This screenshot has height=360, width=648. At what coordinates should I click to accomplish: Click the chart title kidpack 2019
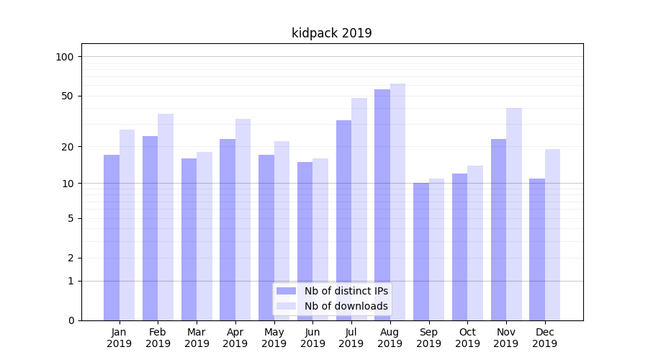(x=332, y=33)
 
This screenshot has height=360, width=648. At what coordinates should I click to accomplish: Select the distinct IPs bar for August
(x=382, y=204)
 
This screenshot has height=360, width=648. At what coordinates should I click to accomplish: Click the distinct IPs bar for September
(x=421, y=251)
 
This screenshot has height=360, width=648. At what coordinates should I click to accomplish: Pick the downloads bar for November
(x=514, y=214)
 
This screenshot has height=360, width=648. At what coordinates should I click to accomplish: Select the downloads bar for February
(x=166, y=217)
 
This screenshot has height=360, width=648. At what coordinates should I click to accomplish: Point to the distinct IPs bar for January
(x=112, y=238)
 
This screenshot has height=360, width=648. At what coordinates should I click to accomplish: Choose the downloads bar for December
(x=552, y=235)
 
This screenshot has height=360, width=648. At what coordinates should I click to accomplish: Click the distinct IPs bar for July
(x=343, y=220)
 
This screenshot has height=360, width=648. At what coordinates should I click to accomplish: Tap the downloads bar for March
(x=204, y=236)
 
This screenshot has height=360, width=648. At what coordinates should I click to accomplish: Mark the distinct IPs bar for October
(x=460, y=247)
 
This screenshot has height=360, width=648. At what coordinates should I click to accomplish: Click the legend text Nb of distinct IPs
(x=346, y=291)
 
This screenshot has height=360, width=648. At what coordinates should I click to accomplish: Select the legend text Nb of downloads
(x=346, y=306)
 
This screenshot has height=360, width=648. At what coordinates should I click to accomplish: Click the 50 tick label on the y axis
(x=68, y=96)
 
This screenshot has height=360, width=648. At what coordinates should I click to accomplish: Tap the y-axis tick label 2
(x=71, y=258)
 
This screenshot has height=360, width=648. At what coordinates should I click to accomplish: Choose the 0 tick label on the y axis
(x=71, y=320)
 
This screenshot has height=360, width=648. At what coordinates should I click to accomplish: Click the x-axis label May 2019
(x=274, y=338)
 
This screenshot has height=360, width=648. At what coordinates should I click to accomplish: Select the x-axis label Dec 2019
(x=545, y=338)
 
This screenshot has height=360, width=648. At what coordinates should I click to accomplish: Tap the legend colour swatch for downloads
(x=287, y=306)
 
